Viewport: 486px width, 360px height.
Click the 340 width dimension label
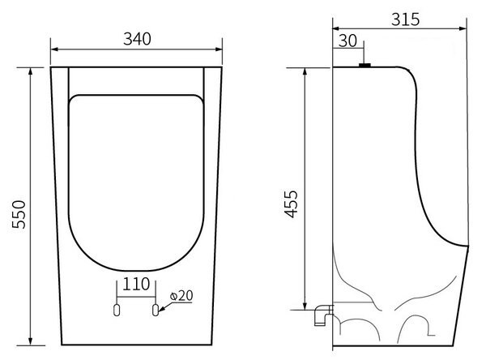point(137,39)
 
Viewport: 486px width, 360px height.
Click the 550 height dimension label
point(19,214)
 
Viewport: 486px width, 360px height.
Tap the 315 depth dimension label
point(406,19)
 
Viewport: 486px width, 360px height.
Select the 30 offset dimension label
point(347,41)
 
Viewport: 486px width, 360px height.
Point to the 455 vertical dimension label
point(291,204)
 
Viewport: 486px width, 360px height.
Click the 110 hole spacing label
point(136,284)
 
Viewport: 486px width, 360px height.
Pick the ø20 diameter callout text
point(181,296)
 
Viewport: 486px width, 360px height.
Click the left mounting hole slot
point(117,310)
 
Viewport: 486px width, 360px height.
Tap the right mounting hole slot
point(156,310)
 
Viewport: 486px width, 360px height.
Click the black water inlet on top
point(364,65)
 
